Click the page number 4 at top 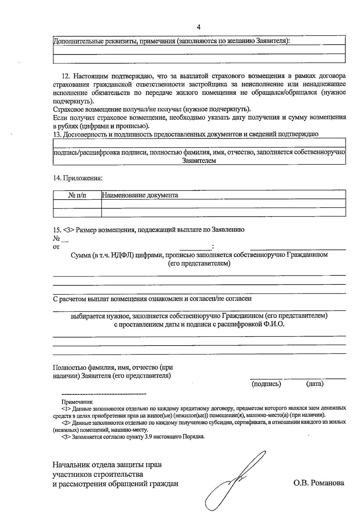tap(199, 27)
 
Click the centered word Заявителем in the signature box tap(199, 161)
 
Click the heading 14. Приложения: tap(78, 178)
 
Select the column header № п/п tap(77, 195)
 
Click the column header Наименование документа tap(140, 195)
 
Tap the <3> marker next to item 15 tap(68, 230)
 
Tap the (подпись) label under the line tap(266, 384)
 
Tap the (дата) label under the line tap(315, 384)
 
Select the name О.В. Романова tap(319, 483)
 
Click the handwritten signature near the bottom tap(234, 480)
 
